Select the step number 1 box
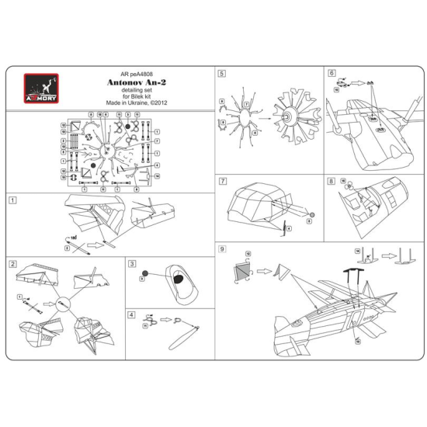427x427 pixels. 12,199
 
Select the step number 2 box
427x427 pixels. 12,264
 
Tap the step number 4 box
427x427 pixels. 132,314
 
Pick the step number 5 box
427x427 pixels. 222,75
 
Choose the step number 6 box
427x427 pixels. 332,75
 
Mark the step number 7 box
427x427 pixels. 222,181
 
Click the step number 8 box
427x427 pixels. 332,181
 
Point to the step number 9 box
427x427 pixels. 222,249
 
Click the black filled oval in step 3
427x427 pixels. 177,279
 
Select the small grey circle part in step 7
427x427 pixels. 311,214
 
